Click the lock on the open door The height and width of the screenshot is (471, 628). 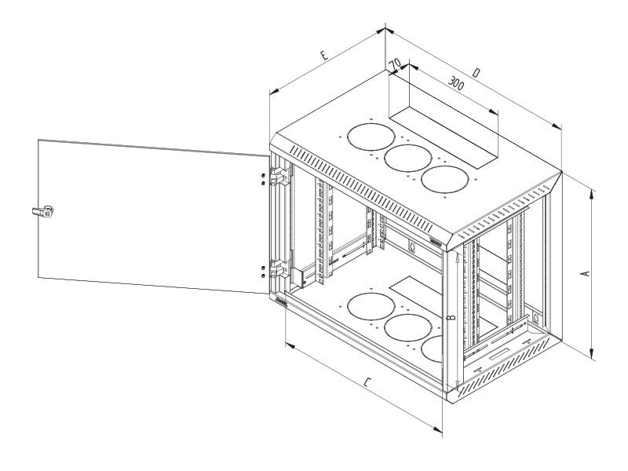click(42, 210)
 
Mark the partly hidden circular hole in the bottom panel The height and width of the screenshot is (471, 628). click(433, 349)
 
